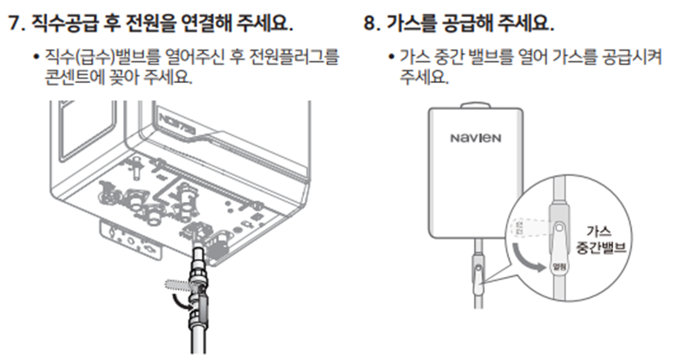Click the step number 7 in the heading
pos(14,23)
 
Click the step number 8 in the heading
pos(370,23)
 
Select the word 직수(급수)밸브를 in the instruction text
pos(97,59)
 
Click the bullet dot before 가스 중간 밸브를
pos(392,59)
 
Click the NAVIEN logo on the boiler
pos(476,137)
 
